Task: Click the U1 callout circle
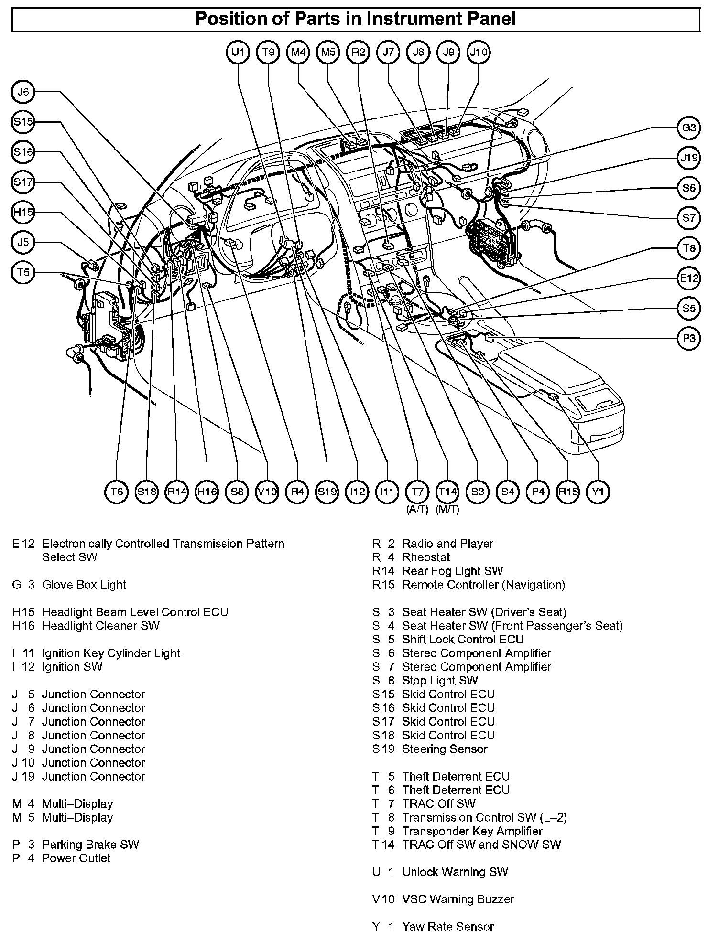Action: click(238, 52)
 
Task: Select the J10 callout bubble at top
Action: click(479, 52)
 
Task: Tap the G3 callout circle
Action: click(689, 128)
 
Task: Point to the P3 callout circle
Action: click(689, 339)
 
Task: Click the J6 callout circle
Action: click(23, 92)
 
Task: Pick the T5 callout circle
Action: click(23, 273)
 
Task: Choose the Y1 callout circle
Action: click(598, 492)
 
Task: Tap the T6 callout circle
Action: click(117, 492)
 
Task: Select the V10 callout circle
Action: click(267, 492)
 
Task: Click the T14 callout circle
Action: click(447, 492)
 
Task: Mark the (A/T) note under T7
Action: click(417, 509)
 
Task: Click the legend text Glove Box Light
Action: click(84, 585)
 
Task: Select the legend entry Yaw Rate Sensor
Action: click(447, 927)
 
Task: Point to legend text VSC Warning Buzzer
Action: click(458, 899)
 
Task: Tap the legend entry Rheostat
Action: click(426, 557)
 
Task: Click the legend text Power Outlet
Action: click(76, 858)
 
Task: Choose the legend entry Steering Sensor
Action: click(445, 749)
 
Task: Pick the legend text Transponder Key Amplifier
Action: click(472, 831)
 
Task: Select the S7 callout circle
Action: click(689, 218)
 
